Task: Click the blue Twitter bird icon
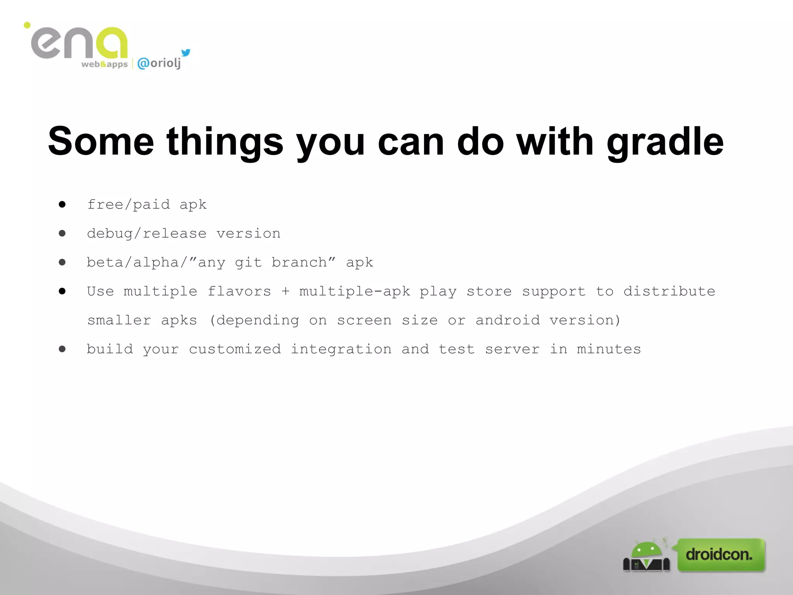186,52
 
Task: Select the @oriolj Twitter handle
159,63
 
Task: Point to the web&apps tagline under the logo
104,64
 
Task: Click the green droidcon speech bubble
721,554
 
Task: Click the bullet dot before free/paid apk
62,204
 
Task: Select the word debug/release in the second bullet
147,234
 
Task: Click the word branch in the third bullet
299,263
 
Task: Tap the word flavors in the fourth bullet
239,291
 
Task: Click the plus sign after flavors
285,291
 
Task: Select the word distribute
669,291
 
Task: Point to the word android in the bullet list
507,320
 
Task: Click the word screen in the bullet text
364,320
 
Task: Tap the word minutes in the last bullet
609,349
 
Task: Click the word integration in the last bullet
341,349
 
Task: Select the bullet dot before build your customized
62,349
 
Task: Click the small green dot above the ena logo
27,25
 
